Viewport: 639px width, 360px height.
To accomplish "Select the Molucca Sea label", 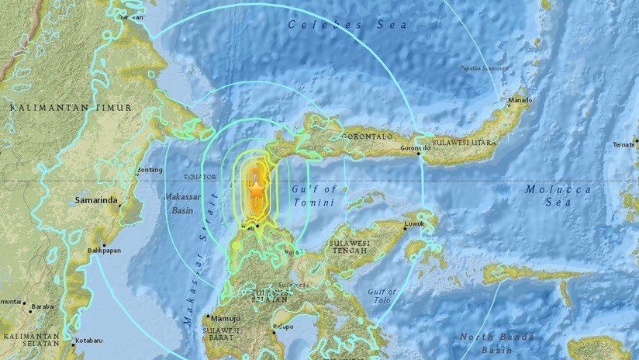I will point(557,196).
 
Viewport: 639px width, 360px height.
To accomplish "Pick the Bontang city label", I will point(149,168).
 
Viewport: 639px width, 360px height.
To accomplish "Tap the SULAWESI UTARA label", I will point(464,143).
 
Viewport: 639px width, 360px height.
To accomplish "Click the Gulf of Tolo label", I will point(382,298).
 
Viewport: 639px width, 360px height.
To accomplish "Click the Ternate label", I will point(623,144).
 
